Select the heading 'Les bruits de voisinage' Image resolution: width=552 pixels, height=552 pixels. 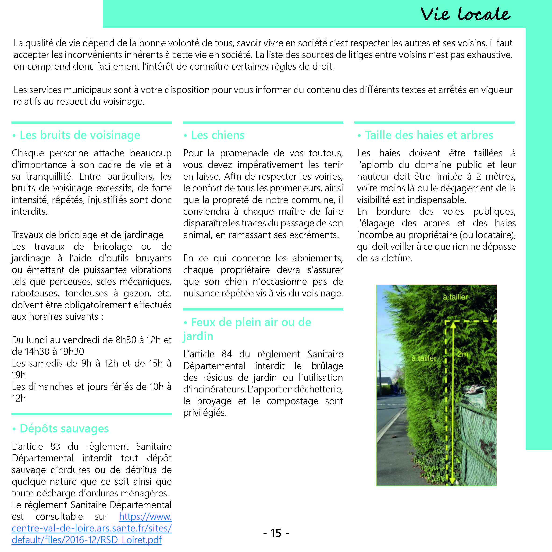pyautogui.click(x=80, y=135)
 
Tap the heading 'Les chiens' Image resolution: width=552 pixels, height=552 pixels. pyautogui.click(x=218, y=135)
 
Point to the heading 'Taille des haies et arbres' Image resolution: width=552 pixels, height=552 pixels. pyautogui.click(x=429, y=135)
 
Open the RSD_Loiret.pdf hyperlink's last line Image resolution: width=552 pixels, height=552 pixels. pyautogui.click(x=87, y=540)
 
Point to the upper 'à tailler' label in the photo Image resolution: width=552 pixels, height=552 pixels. pyautogui.click(x=456, y=297)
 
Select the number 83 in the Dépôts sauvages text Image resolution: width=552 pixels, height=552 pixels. pyautogui.click(x=55, y=446)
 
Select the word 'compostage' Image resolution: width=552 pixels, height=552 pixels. pyautogui.click(x=292, y=401)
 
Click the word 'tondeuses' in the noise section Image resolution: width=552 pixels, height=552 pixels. pyautogui.click(x=86, y=293)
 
